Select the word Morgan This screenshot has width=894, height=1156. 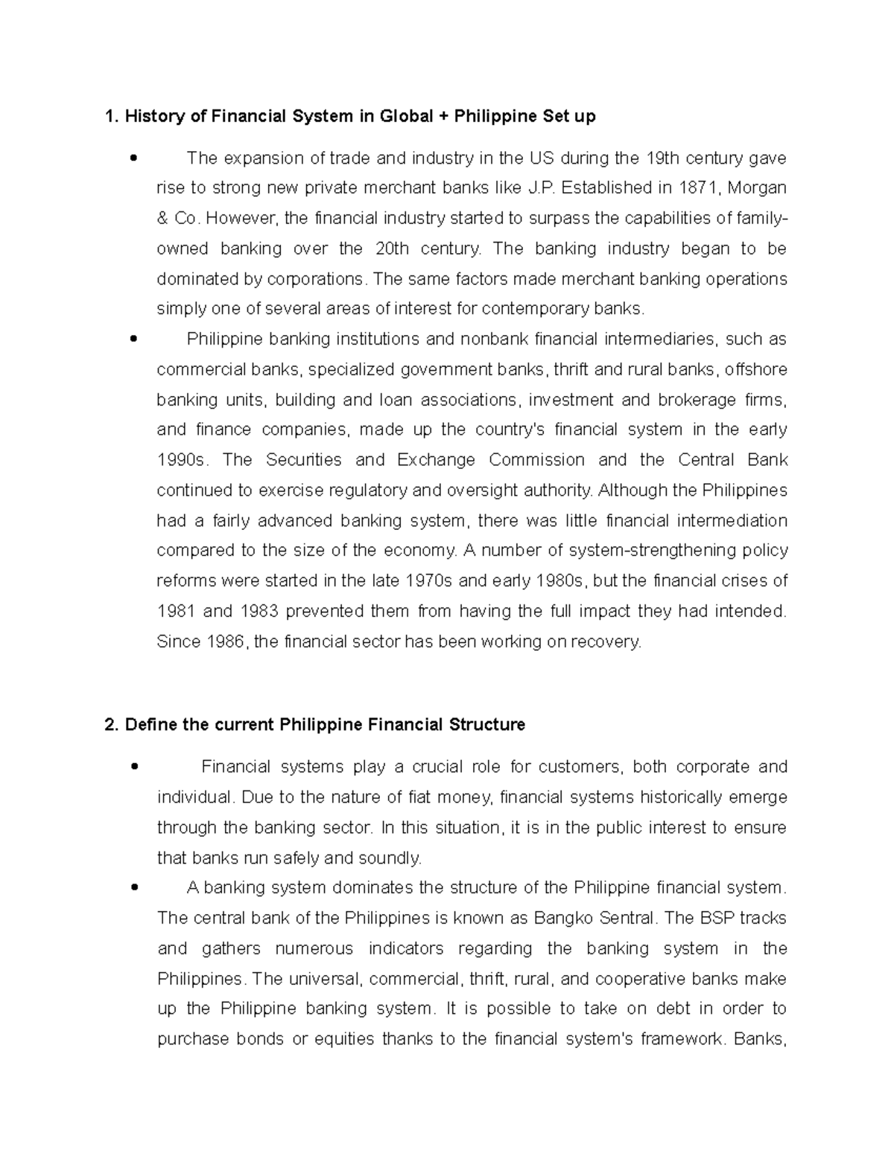[756, 188]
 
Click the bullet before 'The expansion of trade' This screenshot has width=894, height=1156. [133, 158]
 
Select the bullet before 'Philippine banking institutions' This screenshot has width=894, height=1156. [133, 339]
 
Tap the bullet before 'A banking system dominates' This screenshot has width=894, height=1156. [133, 887]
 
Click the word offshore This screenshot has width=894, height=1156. [755, 369]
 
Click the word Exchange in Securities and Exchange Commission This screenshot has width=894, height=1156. [436, 460]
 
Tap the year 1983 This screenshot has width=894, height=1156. [259, 611]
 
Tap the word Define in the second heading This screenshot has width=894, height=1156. [150, 724]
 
